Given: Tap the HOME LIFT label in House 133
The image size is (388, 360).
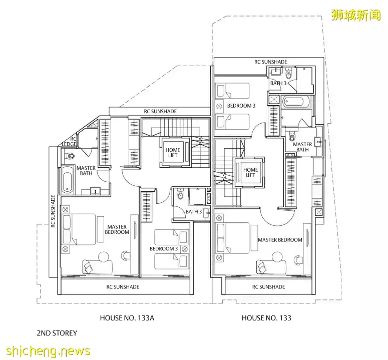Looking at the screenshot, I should [x=250, y=173].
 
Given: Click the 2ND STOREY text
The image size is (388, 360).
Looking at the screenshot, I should [x=57, y=332].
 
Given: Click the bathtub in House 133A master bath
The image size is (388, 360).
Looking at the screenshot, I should [x=68, y=180].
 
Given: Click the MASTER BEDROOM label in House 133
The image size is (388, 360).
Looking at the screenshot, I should [x=280, y=240].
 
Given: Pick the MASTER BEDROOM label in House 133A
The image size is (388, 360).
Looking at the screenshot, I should [x=117, y=229].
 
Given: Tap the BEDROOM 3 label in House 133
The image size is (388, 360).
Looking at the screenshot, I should [x=241, y=106].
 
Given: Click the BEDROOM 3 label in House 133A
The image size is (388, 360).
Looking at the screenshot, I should [x=164, y=249].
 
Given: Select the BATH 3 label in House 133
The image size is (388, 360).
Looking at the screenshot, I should [x=278, y=83].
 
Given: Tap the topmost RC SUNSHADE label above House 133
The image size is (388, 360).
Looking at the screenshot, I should [x=270, y=62].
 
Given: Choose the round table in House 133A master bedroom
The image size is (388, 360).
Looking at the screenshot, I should [x=104, y=257].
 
